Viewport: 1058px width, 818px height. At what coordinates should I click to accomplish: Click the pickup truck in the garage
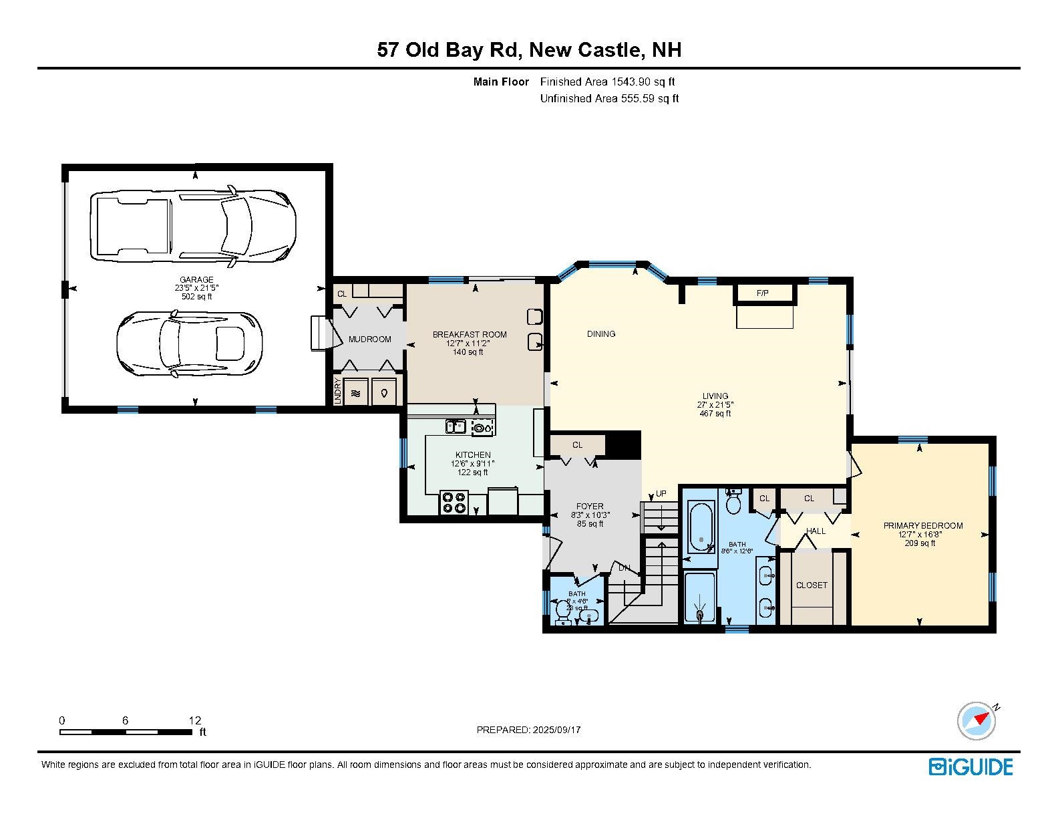point(192,225)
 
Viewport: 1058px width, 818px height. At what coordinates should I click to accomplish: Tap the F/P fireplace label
point(763,293)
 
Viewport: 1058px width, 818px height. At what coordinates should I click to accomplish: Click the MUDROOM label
point(369,339)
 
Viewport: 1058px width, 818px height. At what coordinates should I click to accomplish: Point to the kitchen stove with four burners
point(454,503)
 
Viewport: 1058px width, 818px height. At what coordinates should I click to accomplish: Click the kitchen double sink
point(456,426)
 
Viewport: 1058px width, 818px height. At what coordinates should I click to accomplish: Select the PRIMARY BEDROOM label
point(923,526)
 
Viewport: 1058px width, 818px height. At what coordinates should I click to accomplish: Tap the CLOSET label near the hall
point(812,585)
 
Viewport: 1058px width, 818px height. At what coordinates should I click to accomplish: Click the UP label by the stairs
point(661,494)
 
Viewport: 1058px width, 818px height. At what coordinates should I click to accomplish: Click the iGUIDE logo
point(971,767)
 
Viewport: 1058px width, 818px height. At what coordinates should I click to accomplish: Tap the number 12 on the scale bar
point(194,720)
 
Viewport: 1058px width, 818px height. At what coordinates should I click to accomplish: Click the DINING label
point(601,334)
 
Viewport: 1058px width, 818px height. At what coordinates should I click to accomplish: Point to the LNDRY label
point(338,391)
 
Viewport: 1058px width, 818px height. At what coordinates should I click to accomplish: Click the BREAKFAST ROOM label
point(470,335)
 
